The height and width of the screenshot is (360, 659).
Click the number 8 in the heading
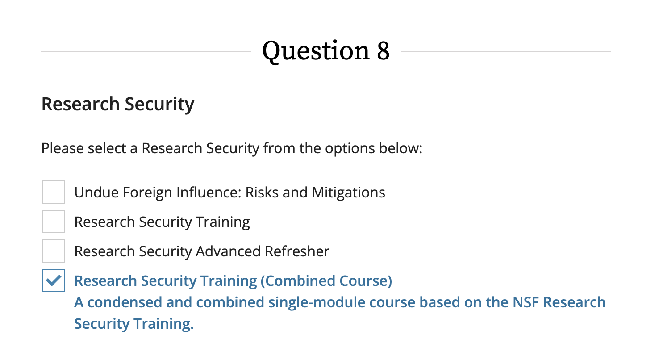(383, 50)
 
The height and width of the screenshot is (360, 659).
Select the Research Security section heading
(118, 104)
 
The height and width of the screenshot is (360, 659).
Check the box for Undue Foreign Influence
(54, 192)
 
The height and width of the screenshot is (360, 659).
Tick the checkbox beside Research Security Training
(54, 222)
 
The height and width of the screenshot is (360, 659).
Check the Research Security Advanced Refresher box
(54, 251)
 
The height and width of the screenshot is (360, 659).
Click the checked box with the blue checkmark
(54, 280)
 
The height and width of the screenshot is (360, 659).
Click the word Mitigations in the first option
(348, 192)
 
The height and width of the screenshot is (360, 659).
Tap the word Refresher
(297, 251)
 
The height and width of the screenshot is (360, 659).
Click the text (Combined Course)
(326, 280)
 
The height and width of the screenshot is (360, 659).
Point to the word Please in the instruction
(63, 147)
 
